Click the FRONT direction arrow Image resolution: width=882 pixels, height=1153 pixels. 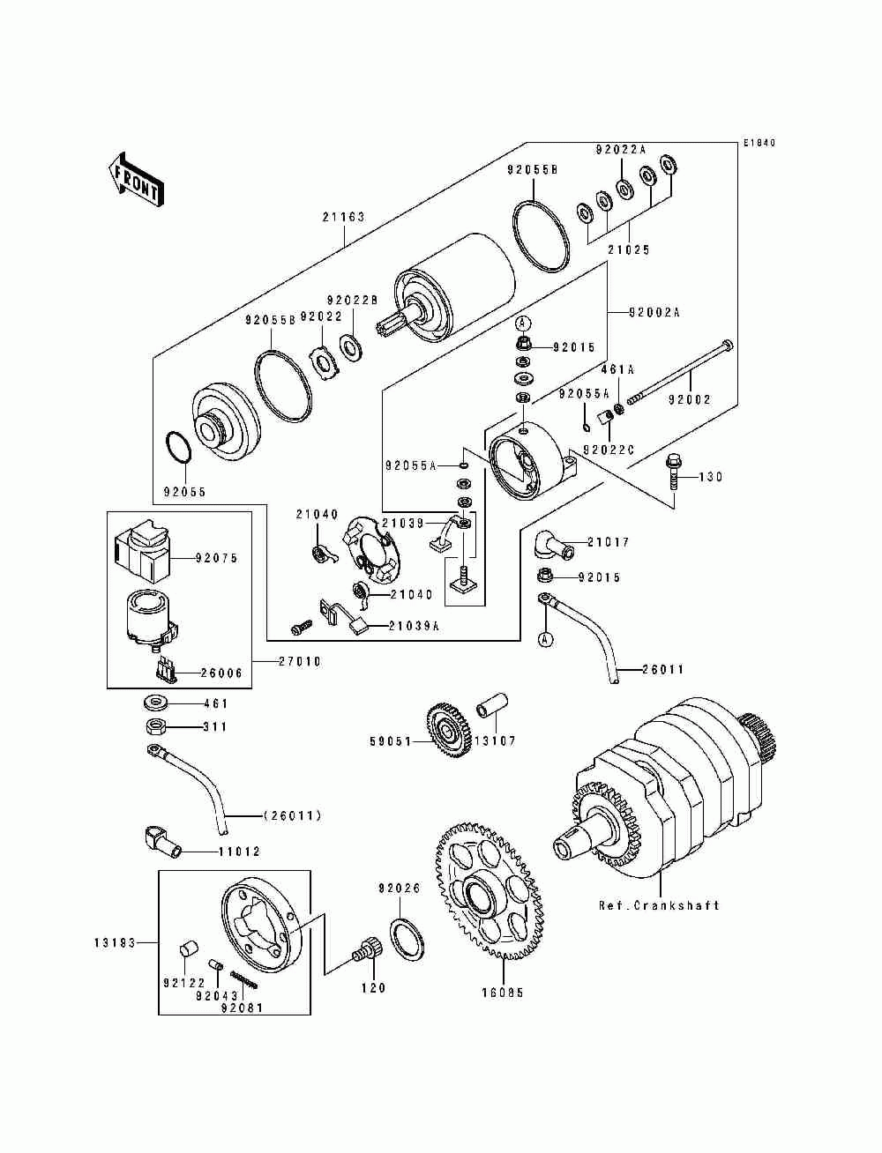coord(136,180)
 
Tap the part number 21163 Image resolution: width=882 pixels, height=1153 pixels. coord(343,217)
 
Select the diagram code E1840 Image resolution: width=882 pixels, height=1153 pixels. coord(759,143)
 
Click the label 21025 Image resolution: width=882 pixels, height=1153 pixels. coord(629,250)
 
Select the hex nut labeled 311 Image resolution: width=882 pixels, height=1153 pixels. coord(156,727)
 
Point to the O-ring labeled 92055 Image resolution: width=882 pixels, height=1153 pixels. coord(178,447)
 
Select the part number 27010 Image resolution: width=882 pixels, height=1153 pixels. coord(299,661)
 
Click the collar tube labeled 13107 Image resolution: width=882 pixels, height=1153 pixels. coord(492,705)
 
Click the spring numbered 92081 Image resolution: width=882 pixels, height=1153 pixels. coord(244,979)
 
